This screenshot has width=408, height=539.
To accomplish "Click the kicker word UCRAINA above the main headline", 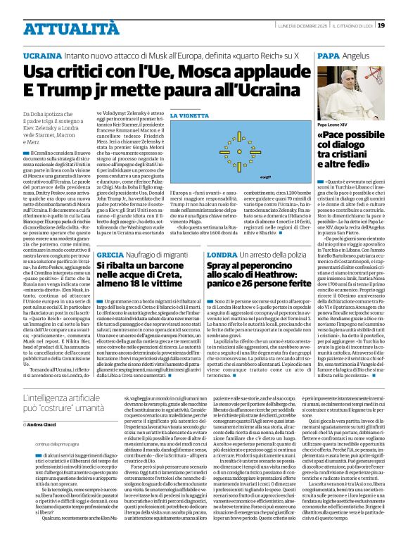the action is [x=42, y=54].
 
